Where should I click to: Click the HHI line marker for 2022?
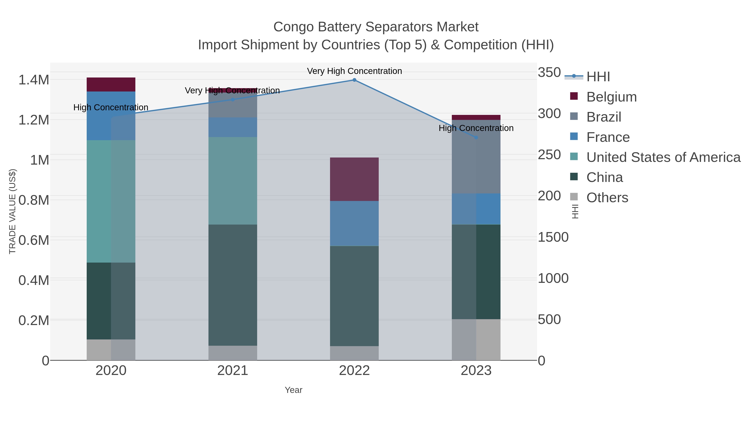point(354,80)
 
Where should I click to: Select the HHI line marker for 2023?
point(476,137)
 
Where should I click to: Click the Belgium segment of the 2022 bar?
point(354,179)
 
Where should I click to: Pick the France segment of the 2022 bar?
point(354,223)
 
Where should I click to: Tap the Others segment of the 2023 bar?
point(476,339)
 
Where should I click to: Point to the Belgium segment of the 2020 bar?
point(111,85)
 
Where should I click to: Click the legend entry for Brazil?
point(604,117)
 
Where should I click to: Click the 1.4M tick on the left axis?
point(34,80)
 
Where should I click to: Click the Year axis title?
point(293,390)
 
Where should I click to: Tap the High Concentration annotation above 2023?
point(476,128)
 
